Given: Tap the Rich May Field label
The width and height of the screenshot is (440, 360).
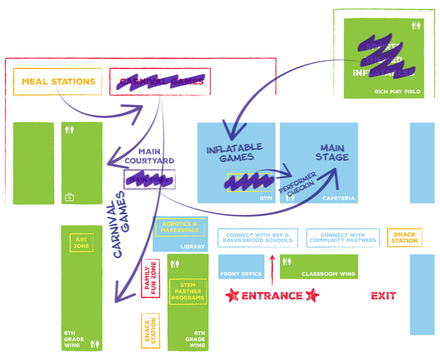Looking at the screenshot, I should [397, 92].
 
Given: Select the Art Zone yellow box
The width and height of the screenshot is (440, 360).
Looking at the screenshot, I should [82, 243].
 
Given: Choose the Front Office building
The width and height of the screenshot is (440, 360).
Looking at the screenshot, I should [241, 266].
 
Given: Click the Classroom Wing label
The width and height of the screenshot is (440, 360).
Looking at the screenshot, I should [328, 274].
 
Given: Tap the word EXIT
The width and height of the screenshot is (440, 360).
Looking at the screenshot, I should [383, 296].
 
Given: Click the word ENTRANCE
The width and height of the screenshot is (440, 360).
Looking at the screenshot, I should [272, 296].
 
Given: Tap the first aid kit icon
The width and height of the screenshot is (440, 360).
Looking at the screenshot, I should [69, 198].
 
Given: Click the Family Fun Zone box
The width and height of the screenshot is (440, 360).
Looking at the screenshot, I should [151, 279].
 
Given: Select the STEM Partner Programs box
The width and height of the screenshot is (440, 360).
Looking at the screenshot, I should [187, 292].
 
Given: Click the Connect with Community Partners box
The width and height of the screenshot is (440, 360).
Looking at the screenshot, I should [342, 238].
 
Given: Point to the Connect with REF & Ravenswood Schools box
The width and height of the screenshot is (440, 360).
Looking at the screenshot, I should [257, 238].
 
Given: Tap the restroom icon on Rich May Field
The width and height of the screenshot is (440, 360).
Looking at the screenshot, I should [416, 25].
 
